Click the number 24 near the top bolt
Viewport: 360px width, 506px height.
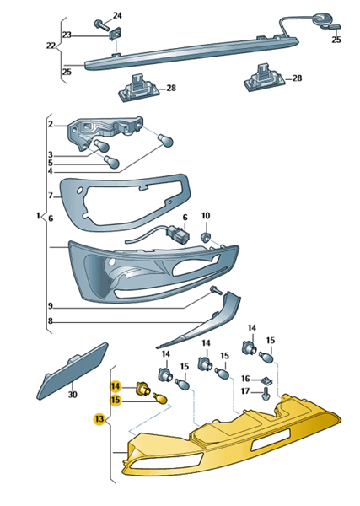tap(117, 15)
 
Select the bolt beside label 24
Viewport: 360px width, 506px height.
tap(101, 24)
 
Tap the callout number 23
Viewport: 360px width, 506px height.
tap(67, 35)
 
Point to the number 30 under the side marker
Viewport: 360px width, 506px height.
tap(73, 394)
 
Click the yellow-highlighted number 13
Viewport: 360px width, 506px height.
tap(99, 418)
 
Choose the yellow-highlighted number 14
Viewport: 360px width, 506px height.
tap(116, 386)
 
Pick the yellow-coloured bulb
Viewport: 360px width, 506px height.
tap(161, 398)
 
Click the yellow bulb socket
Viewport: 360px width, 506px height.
tap(142, 387)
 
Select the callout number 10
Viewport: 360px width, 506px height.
tap(206, 215)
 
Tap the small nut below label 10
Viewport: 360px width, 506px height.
tap(205, 238)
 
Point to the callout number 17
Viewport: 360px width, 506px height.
tap(245, 391)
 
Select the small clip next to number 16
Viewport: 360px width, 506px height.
tap(266, 380)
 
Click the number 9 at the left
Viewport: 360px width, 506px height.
tap(50, 305)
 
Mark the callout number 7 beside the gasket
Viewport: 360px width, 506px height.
tap(51, 196)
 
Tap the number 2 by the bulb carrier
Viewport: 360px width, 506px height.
tap(51, 124)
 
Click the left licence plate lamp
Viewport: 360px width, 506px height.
tap(139, 88)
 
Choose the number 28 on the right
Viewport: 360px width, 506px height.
tap(297, 78)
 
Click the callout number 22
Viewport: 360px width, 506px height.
tap(51, 46)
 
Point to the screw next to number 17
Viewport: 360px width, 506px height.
tap(266, 394)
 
